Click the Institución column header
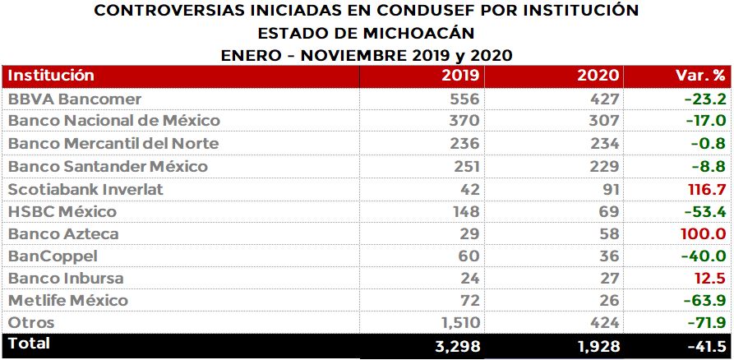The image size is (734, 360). click(x=51, y=76)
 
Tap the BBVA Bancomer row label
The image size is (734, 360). click(x=75, y=99)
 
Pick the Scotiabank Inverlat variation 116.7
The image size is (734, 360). click(x=705, y=189)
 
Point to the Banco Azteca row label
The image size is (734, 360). click(x=63, y=234)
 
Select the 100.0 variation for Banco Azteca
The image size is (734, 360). click(x=704, y=234)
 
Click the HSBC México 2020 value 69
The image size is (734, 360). click(x=607, y=211)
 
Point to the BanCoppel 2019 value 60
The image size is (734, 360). click(x=469, y=256)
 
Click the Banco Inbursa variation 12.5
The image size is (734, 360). click(x=709, y=279)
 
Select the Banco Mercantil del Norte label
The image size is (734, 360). click(x=113, y=144)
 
